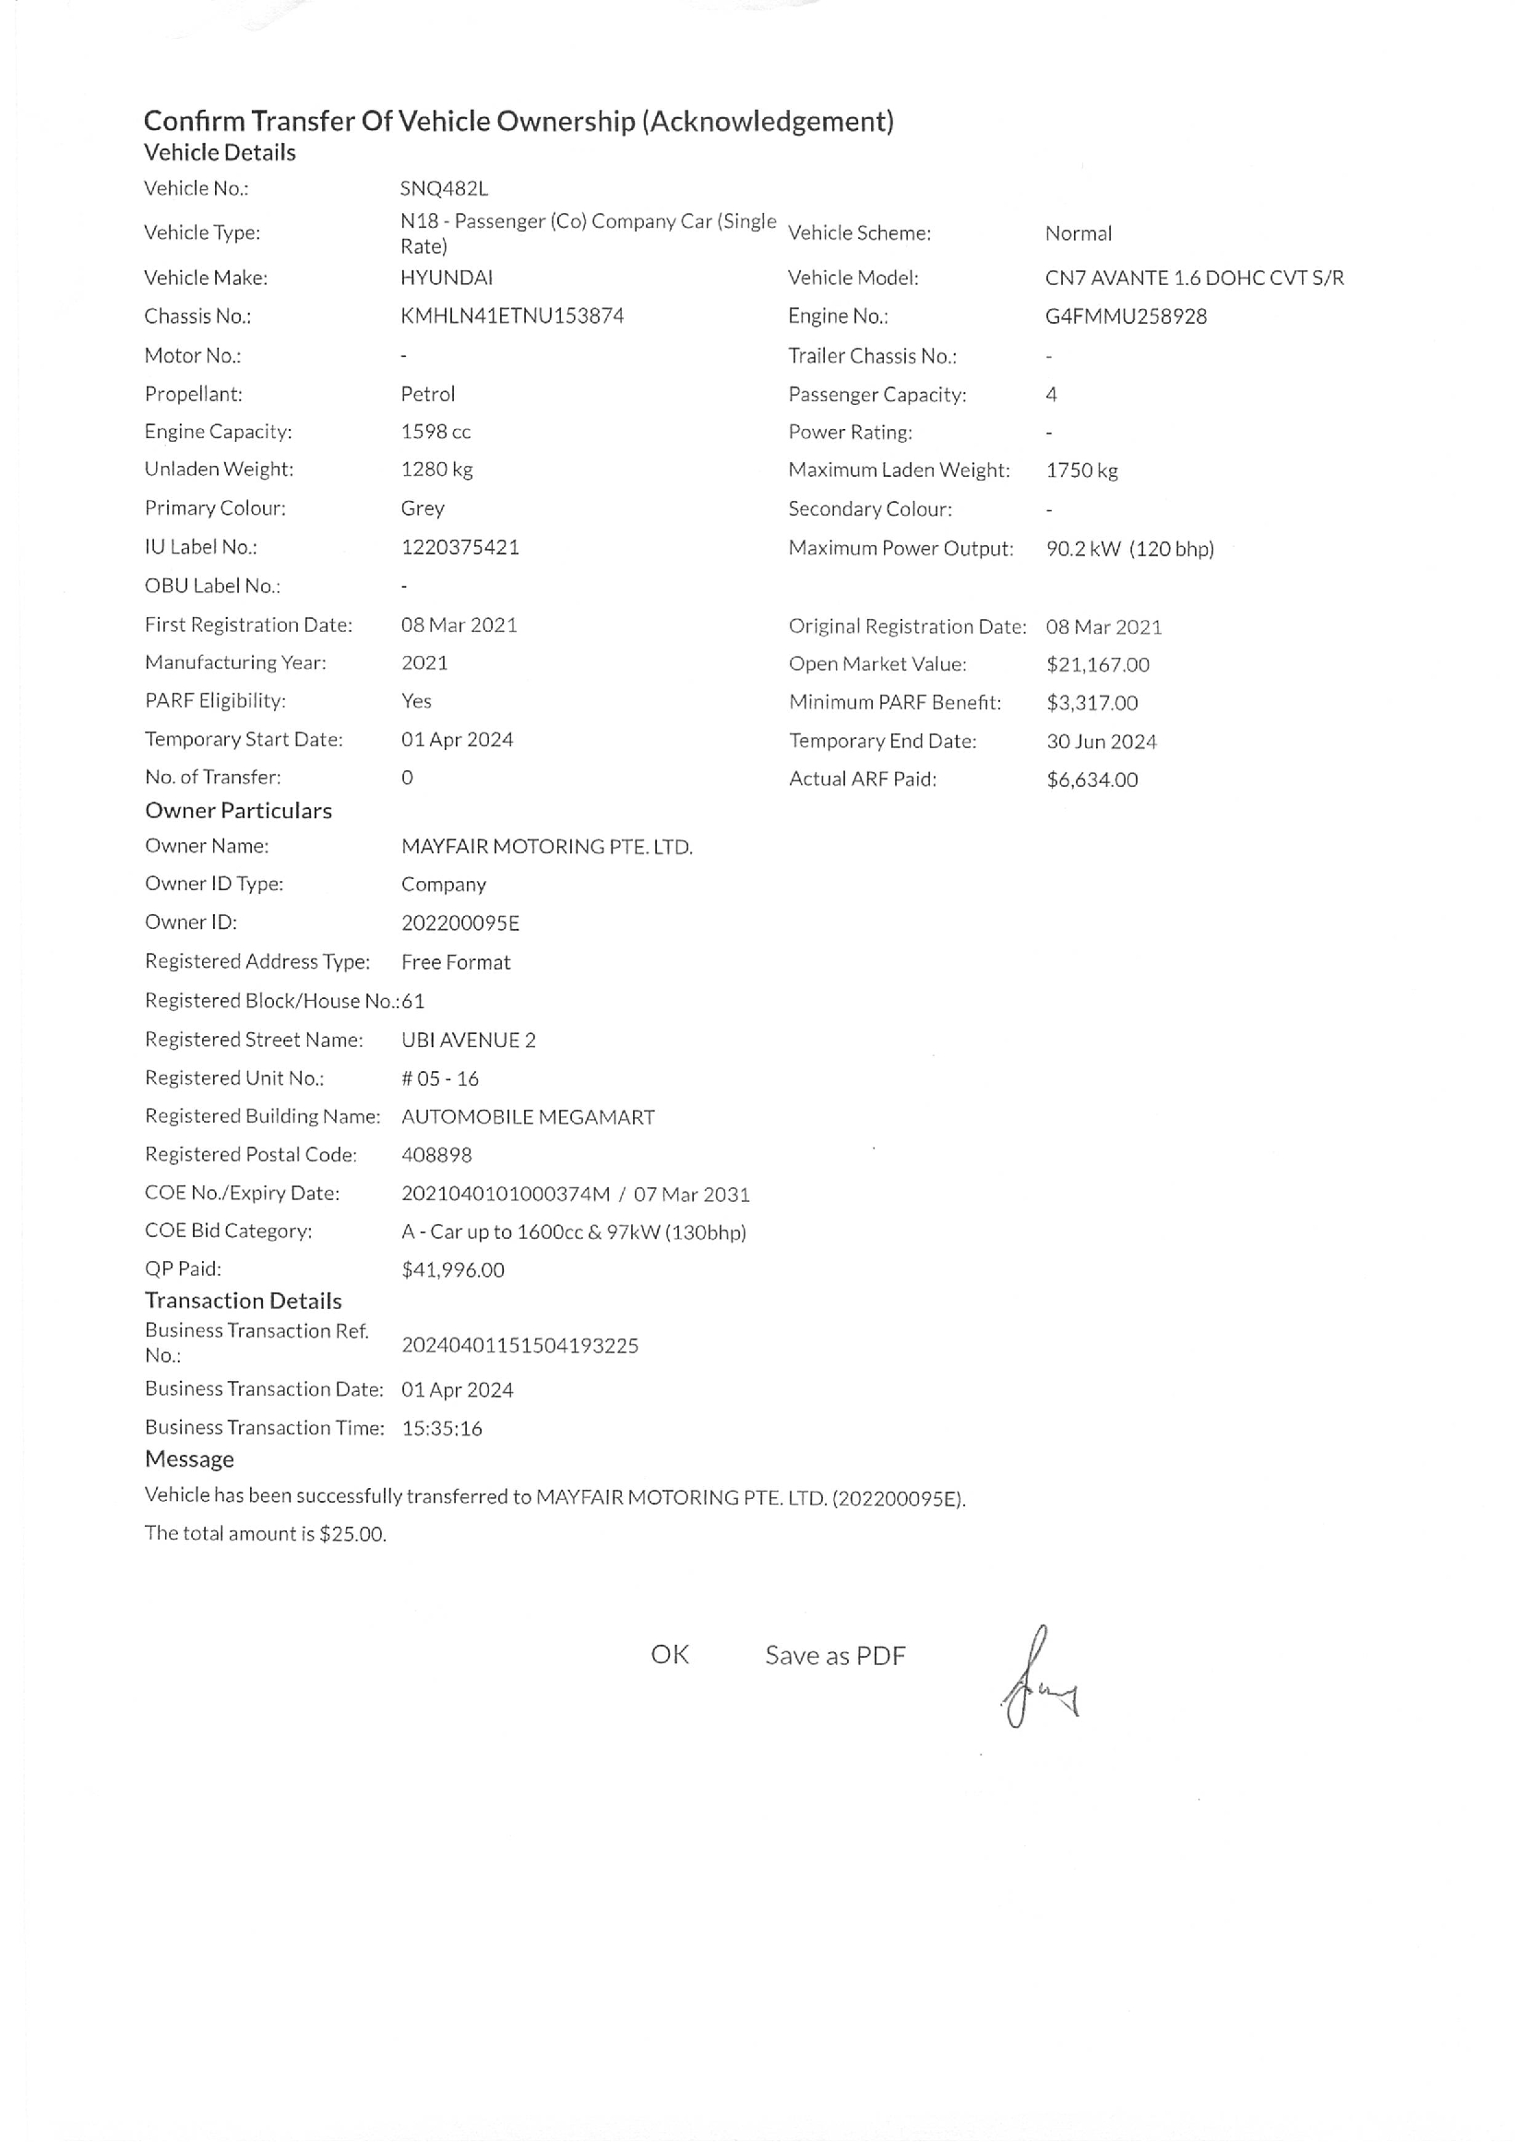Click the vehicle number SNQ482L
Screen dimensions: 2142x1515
443,188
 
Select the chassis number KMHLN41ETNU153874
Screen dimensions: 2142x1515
512,316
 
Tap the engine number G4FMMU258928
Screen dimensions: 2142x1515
1125,316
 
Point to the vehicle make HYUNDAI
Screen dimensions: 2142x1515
446,278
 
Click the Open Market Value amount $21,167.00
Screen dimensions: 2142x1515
1097,664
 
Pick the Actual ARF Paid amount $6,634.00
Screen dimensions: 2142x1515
1092,779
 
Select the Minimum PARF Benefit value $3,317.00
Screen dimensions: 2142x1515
1092,703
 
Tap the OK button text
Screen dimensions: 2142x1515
669,1655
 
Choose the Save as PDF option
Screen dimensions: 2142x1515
835,1656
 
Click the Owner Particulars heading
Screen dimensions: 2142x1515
238,811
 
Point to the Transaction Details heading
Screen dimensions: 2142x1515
243,1301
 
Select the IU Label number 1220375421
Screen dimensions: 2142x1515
459,548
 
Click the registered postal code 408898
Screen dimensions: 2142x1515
436,1155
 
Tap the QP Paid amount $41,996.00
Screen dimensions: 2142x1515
452,1269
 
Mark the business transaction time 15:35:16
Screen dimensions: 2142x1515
441,1428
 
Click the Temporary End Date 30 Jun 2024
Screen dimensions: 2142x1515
1101,742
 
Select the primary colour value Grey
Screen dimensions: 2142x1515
423,508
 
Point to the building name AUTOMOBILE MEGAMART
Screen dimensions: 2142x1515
528,1117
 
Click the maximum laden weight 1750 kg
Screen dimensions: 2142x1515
1081,470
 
